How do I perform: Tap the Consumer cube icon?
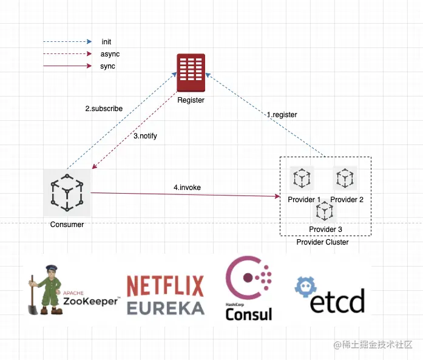click(67, 192)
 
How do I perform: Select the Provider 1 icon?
click(302, 178)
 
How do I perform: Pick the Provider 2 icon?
click(345, 178)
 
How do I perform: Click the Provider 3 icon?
click(325, 210)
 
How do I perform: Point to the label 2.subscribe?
click(104, 109)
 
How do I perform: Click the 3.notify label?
click(145, 136)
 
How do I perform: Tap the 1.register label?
click(282, 114)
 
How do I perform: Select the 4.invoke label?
click(187, 188)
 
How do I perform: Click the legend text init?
click(106, 42)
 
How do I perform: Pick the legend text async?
click(110, 54)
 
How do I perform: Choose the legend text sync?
click(107, 66)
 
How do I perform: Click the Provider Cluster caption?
click(322, 242)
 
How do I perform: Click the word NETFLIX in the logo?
click(165, 285)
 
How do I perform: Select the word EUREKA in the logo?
click(165, 307)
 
